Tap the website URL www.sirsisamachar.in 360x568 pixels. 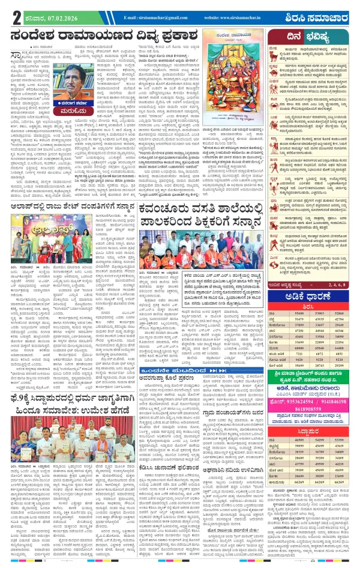click(x=234, y=17)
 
